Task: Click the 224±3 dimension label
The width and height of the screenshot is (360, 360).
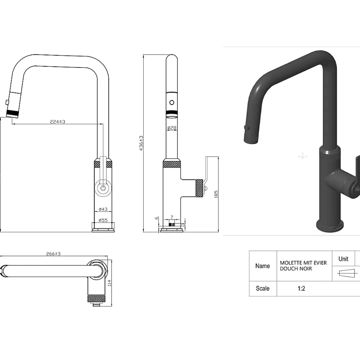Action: tap(58, 122)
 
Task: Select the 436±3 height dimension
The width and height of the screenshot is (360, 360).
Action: tap(141, 143)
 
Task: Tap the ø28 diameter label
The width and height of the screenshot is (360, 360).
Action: tap(171, 128)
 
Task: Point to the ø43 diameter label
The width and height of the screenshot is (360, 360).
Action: tap(103, 209)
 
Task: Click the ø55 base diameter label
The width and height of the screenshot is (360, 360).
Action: tap(103, 220)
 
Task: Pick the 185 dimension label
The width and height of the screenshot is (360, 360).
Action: tap(216, 195)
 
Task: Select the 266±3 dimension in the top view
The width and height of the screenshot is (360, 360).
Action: tap(53, 254)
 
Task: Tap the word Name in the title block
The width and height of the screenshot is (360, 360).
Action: tap(262, 266)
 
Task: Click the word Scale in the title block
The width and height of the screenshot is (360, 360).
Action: tap(262, 288)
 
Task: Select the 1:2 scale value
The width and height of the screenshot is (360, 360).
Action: tap(301, 288)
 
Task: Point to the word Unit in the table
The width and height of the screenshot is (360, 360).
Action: tap(343, 259)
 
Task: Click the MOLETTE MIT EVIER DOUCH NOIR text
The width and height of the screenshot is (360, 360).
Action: tap(303, 265)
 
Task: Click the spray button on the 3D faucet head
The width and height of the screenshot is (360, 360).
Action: tap(245, 128)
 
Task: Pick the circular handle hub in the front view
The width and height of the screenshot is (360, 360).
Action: tap(102, 188)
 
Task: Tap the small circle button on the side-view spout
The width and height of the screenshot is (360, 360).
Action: tap(171, 103)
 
